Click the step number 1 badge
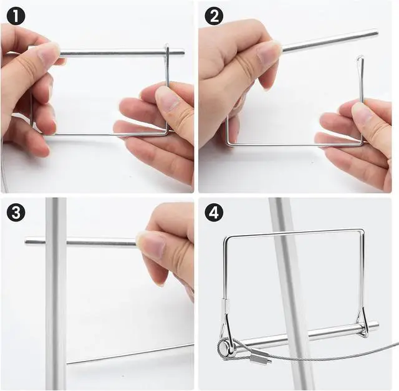click(x=16, y=16)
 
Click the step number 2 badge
click(x=214, y=16)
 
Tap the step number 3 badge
click(x=16, y=212)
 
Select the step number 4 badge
click(x=214, y=212)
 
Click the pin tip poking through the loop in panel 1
click(x=182, y=53)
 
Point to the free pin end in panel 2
click(x=376, y=33)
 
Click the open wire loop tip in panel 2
click(x=359, y=58)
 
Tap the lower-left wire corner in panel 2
click(x=228, y=144)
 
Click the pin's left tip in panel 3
click(x=26, y=241)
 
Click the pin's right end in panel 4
click(x=377, y=325)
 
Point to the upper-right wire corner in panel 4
click(x=363, y=231)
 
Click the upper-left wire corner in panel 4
click(x=226, y=238)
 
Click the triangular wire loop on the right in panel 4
click(x=362, y=322)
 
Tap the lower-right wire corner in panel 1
click(x=167, y=133)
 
